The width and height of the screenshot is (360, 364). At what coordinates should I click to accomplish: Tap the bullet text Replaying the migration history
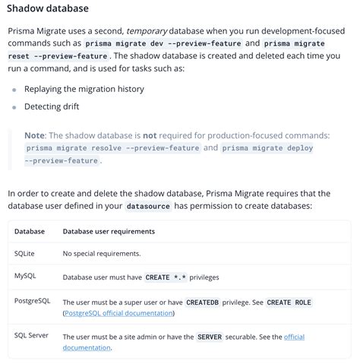coord(84,89)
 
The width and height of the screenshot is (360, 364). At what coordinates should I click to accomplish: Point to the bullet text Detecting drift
coord(52,106)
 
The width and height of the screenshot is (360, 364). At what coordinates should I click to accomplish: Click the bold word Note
coord(34,135)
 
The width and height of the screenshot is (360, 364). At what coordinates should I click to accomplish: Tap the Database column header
coord(30,231)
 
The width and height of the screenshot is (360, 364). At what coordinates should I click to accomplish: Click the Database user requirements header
coord(109,231)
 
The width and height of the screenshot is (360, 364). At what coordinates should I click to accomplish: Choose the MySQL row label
coord(25,276)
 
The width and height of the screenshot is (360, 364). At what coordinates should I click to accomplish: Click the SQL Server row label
coord(32,335)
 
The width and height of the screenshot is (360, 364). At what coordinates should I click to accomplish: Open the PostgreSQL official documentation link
coord(118,313)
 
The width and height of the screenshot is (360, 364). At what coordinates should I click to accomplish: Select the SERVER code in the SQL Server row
coord(209,337)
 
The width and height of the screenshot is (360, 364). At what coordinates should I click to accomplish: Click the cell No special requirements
coord(101,254)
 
